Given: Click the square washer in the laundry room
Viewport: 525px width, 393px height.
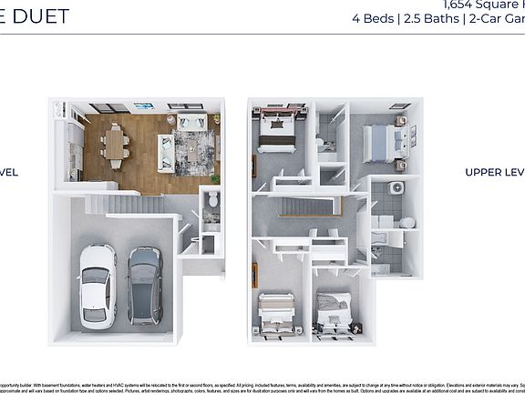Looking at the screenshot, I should tap(396, 188).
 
